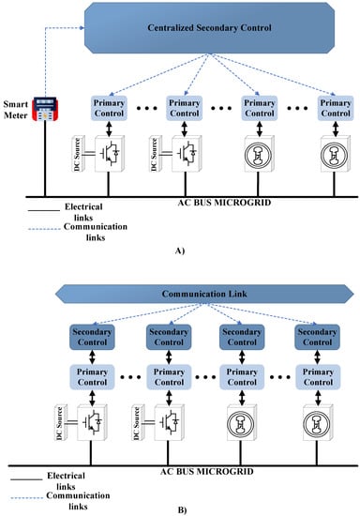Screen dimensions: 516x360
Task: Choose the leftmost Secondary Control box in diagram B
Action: [91, 336]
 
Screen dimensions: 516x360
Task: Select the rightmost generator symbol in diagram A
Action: [334, 154]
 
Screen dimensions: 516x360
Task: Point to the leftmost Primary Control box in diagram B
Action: [91, 373]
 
